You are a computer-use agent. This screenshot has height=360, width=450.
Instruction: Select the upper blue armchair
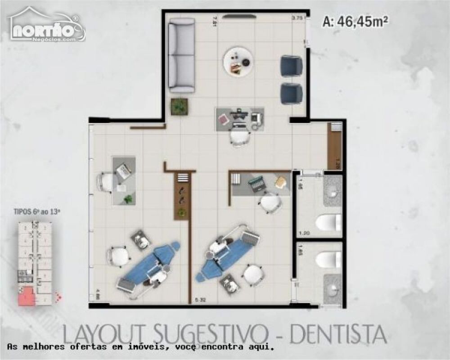coord(291,66)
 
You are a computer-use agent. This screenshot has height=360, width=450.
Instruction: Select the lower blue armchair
coord(291,93)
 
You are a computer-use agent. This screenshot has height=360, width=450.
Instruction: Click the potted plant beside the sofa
coord(179,107)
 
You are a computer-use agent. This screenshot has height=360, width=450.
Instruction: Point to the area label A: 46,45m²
coord(355,21)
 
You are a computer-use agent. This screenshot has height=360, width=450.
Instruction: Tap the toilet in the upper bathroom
coord(328,222)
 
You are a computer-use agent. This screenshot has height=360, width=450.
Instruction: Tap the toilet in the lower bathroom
coord(328,259)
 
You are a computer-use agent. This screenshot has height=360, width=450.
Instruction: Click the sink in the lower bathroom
coord(333,289)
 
